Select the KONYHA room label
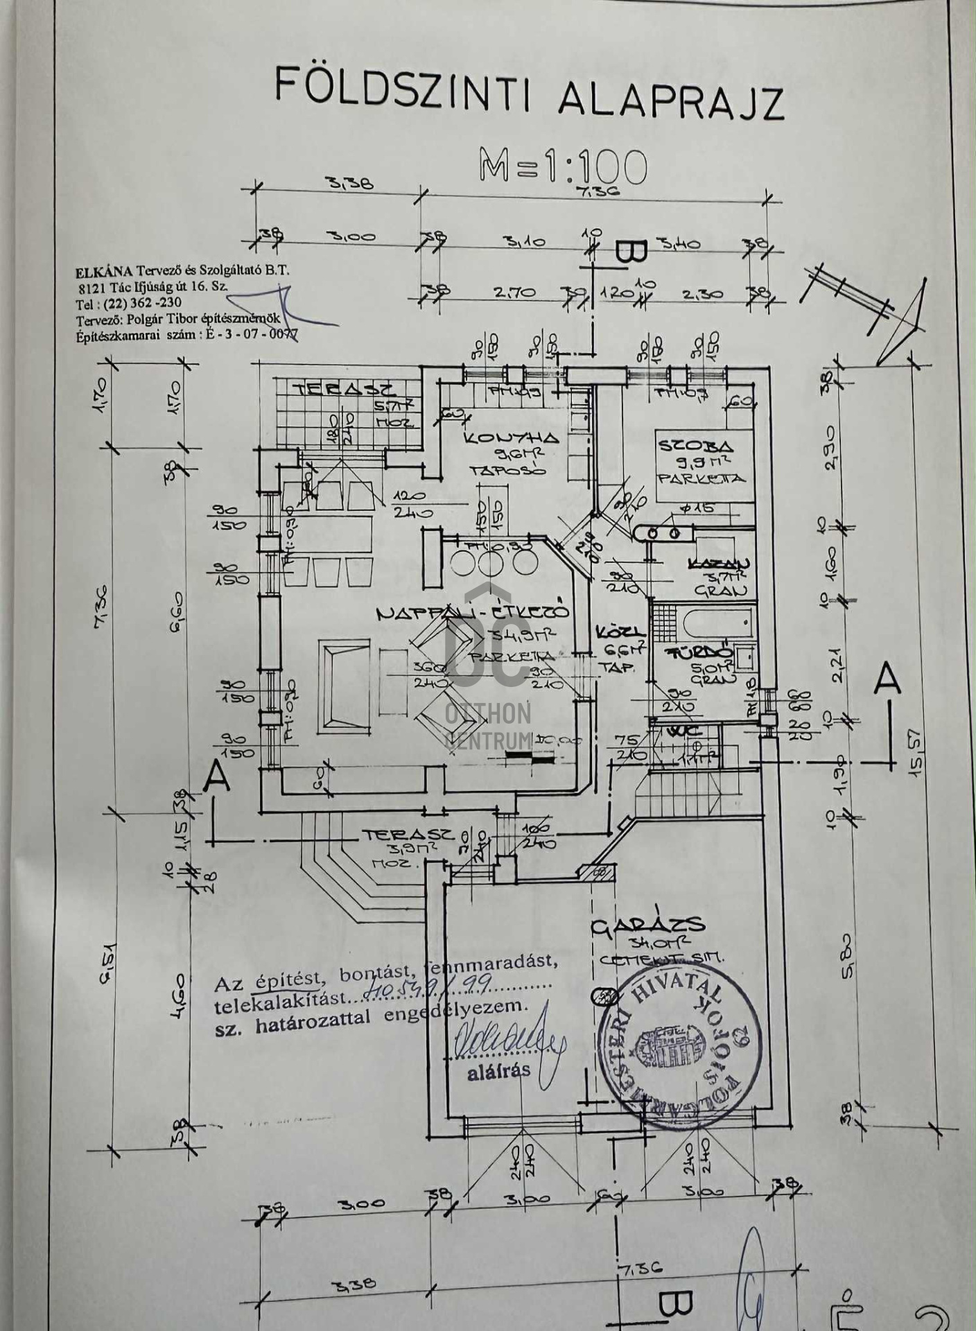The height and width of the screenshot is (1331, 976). [510, 438]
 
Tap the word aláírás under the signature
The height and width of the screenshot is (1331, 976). [498, 1070]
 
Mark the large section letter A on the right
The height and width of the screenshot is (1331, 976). [887, 680]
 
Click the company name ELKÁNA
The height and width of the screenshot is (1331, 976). [104, 272]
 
